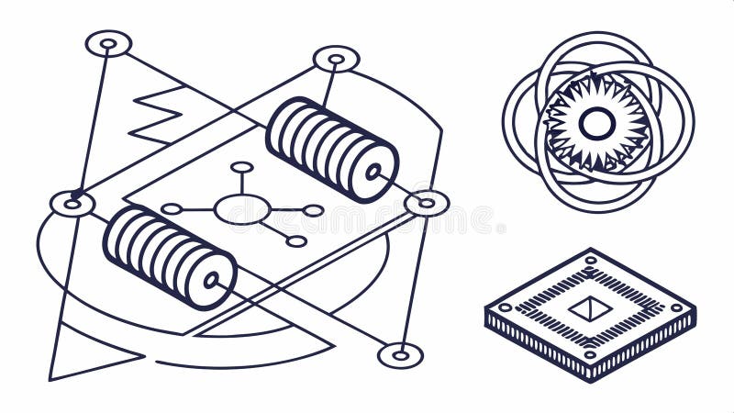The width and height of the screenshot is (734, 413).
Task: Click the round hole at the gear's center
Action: coord(596,123)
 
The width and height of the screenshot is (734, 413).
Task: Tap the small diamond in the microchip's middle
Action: coord(589,308)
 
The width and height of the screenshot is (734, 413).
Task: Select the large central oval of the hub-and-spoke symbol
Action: coord(242,208)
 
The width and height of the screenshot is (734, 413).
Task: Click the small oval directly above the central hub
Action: coord(242,167)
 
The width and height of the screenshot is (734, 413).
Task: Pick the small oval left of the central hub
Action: coord(172,209)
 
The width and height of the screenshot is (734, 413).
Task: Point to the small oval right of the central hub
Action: coord(313,210)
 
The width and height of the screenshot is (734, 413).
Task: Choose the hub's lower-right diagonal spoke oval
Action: coord(295,241)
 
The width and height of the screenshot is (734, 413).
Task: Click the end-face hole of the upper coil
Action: coord(373,172)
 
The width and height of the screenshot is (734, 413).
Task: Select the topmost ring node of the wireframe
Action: coord(108,43)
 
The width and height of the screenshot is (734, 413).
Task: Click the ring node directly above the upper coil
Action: coord(337,59)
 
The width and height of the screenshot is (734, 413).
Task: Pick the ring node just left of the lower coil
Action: coord(72,203)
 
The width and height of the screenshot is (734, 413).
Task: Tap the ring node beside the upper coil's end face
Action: coord(427,203)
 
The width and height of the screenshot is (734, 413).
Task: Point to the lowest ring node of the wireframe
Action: coord(401,354)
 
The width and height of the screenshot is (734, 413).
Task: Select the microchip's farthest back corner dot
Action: coord(590,261)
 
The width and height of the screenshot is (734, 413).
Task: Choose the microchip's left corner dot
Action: coord(503,307)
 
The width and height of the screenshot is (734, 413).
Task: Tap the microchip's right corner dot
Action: coord(677,307)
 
